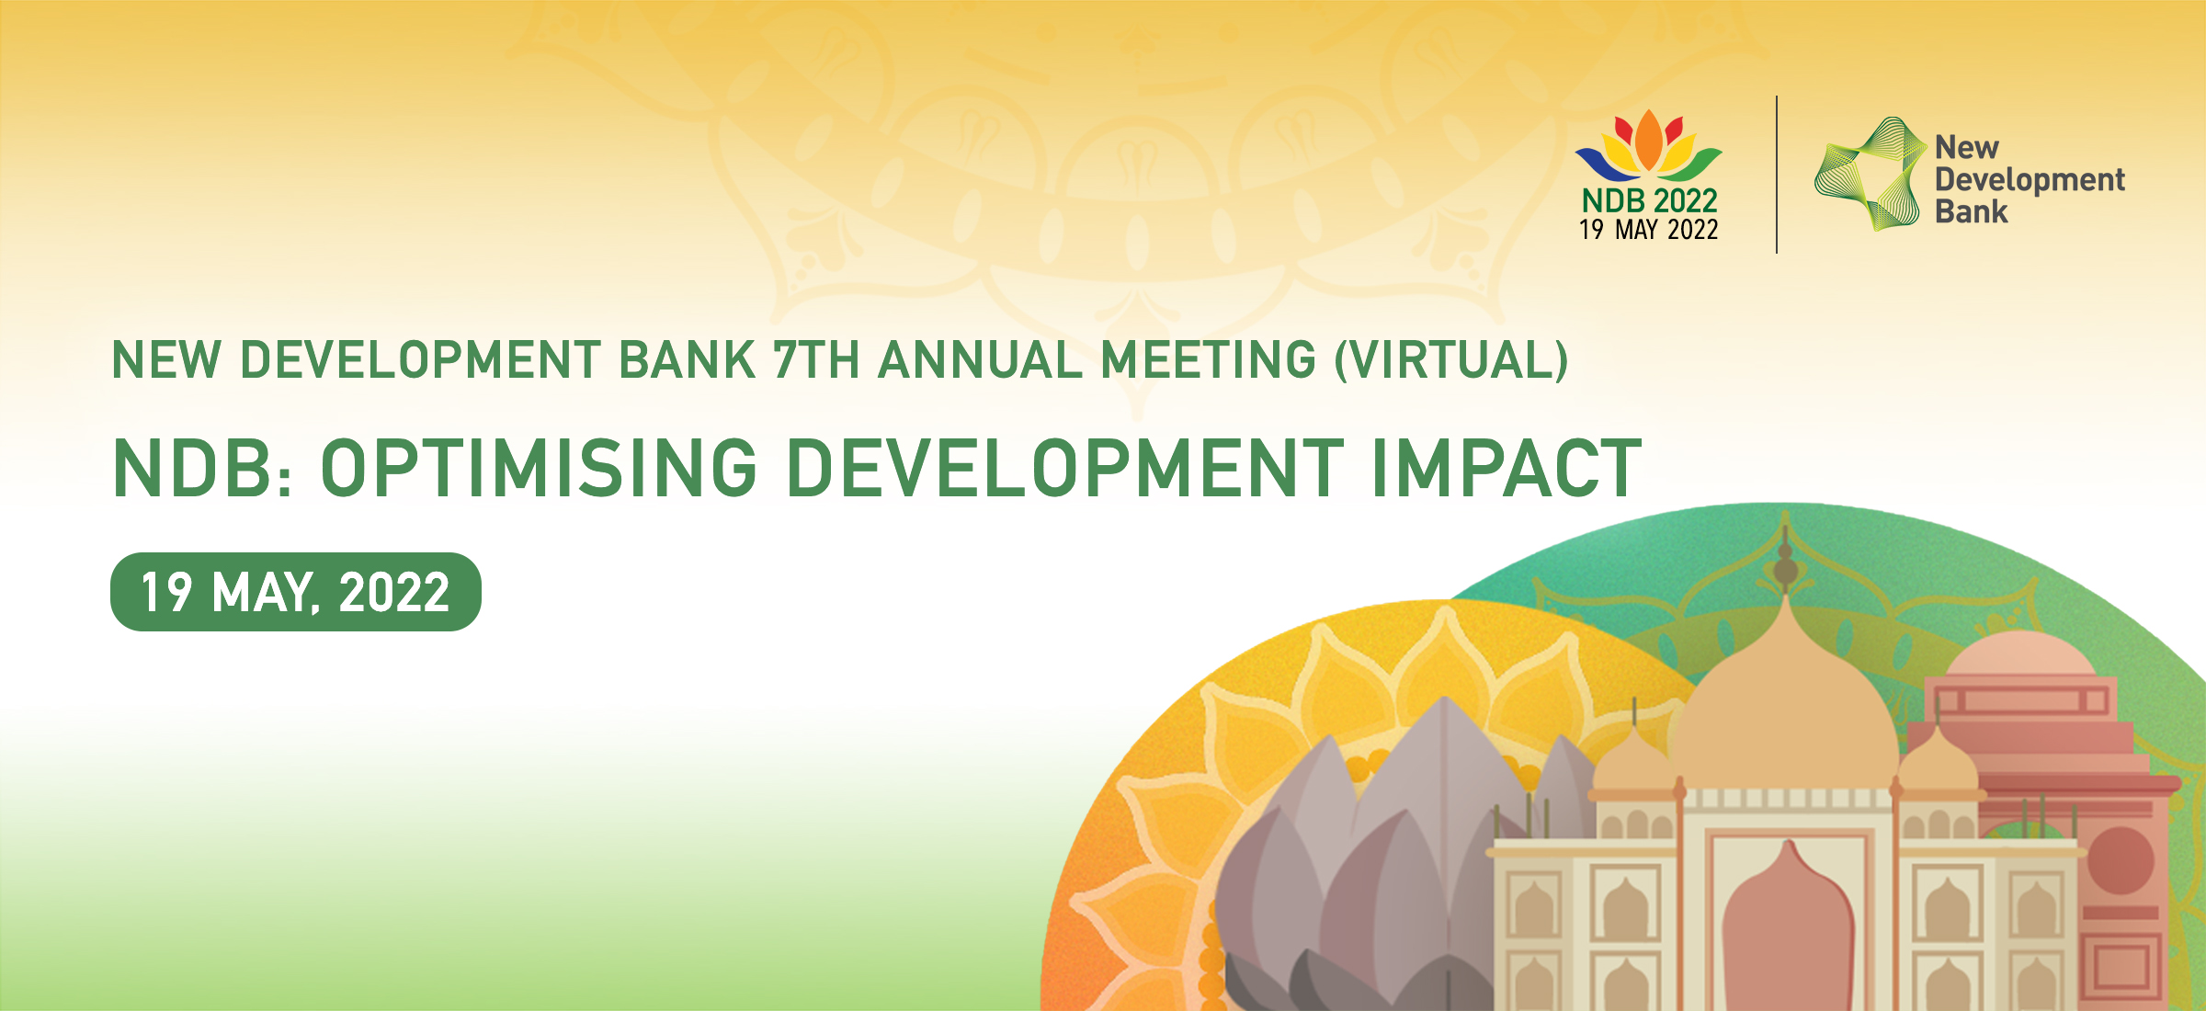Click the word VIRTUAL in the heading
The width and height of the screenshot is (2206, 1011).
pos(1451,359)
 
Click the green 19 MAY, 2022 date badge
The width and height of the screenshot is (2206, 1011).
pos(296,592)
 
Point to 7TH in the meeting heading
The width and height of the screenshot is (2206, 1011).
pos(815,359)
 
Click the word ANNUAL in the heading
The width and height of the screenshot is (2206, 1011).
pos(981,359)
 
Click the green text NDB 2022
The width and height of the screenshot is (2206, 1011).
pos(1649,200)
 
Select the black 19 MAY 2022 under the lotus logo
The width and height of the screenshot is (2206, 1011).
pos(1648,230)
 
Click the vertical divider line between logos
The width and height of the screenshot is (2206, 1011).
pos(1777,174)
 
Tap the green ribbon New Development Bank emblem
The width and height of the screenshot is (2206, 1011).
pos(1871,174)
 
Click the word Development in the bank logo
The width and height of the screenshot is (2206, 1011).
pos(2030,180)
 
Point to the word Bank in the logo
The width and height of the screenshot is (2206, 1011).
pos(1971,212)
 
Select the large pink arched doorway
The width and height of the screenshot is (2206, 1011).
pos(1788,928)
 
